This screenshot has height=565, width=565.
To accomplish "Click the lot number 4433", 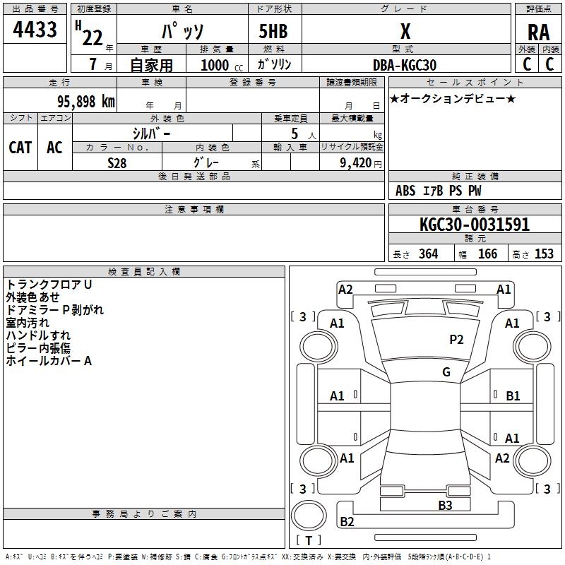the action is coord(35,30).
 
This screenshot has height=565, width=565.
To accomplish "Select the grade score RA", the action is coord(538,32).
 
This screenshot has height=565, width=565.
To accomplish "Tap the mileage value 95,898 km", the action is coord(86,102).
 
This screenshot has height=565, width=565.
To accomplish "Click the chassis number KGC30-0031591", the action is coord(475,225).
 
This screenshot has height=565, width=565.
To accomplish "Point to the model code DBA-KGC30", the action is coord(405,65).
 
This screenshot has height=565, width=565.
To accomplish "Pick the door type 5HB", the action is coord(273,31).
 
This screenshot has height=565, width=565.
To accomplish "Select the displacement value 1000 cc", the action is coord(222,65).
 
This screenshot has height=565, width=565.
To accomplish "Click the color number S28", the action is coord(117,163).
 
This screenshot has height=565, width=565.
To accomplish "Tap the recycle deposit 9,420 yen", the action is coord(361,163).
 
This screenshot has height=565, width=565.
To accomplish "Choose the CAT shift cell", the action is coord(20,148).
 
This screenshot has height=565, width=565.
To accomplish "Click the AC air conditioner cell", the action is coord(54,148).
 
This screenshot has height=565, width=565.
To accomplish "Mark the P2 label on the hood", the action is coord(456,340).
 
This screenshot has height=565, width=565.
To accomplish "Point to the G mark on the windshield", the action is coord(446,372).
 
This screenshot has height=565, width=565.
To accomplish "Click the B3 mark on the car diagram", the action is coord(445,506).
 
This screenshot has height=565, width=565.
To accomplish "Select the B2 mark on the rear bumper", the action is coord(347,521).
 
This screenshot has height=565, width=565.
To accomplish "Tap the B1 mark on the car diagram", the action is coord(513,396).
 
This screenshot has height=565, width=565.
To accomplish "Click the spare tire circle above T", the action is coord(309,516).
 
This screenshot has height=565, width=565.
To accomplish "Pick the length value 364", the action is coord(429,254).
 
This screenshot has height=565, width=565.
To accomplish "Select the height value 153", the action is coord(544,254).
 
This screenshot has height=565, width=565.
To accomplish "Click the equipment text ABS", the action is coord(405,191).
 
